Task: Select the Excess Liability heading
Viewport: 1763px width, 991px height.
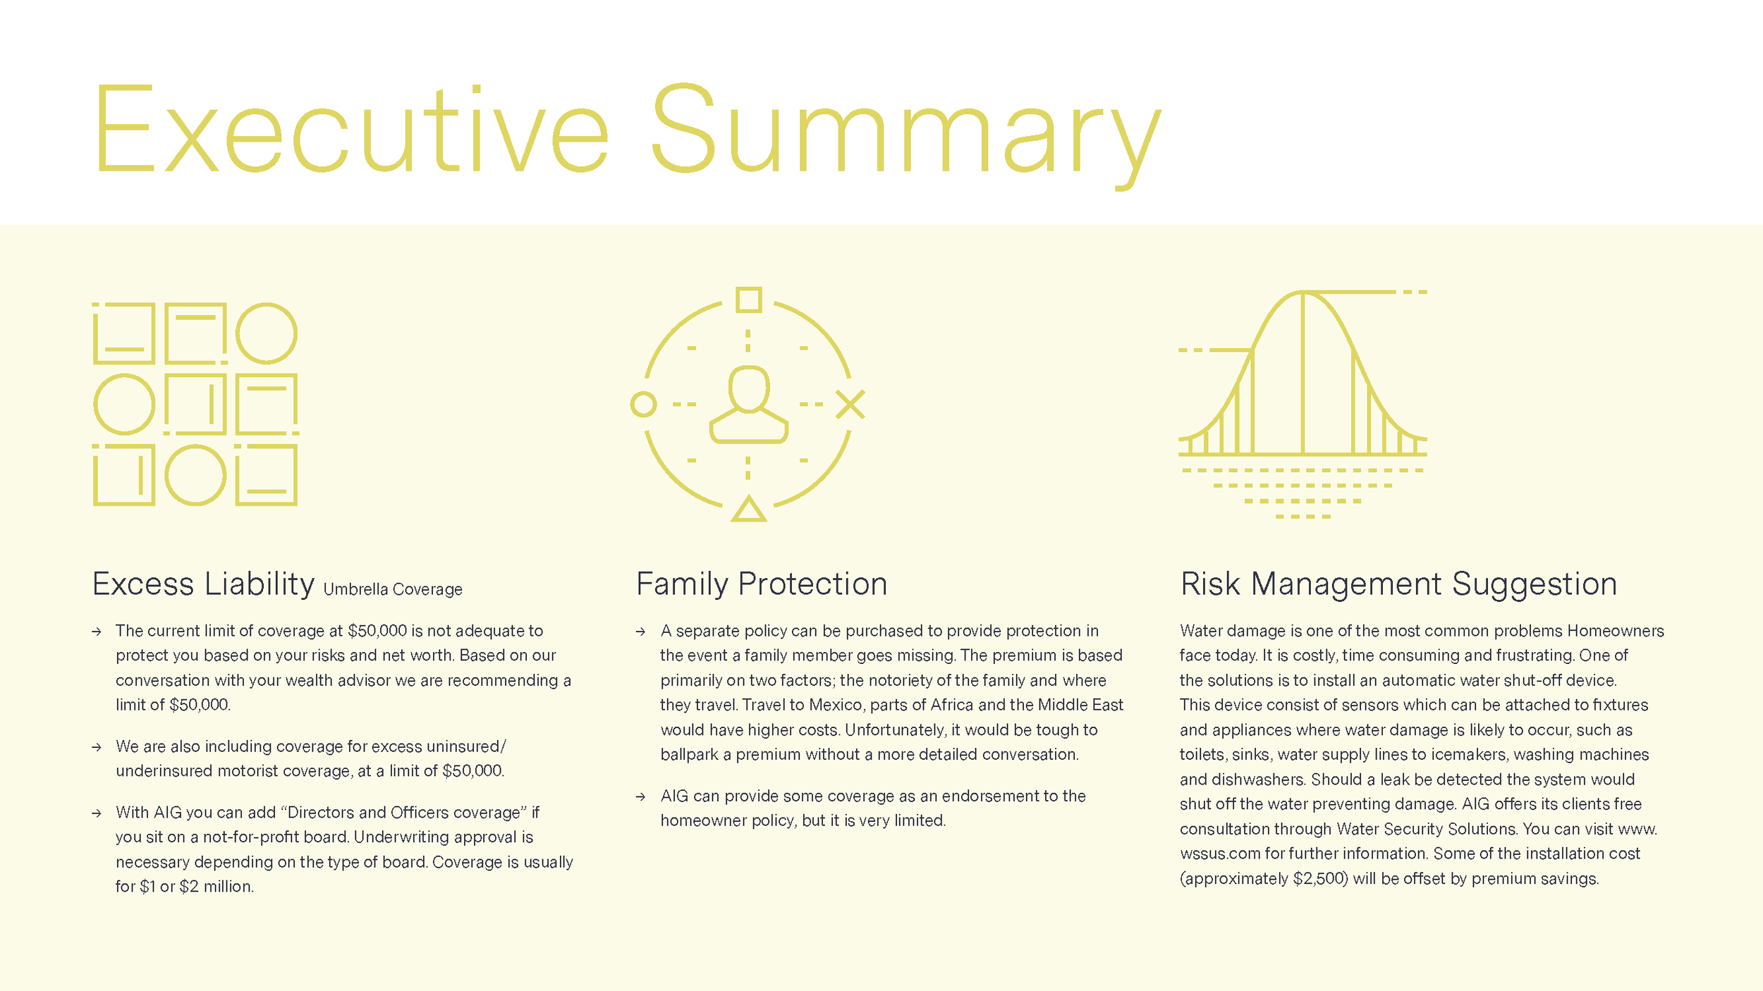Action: pyautogui.click(x=203, y=584)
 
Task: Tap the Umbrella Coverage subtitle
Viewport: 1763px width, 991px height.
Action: pyautogui.click(x=393, y=589)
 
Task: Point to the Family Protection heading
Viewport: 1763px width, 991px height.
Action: pyautogui.click(x=762, y=584)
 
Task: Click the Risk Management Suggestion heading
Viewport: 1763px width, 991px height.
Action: pyautogui.click(x=1398, y=584)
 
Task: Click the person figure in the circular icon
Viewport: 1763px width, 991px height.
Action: pyautogui.click(x=748, y=405)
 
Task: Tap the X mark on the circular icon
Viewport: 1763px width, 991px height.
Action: pyautogui.click(x=850, y=405)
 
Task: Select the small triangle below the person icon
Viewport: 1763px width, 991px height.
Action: pyautogui.click(x=748, y=510)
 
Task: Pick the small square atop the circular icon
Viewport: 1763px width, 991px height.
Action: pyautogui.click(x=748, y=300)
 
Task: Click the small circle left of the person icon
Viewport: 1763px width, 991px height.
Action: pyautogui.click(x=643, y=405)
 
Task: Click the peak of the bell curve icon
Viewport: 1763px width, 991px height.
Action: pyautogui.click(x=1303, y=293)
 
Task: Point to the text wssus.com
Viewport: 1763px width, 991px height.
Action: pyautogui.click(x=1220, y=854)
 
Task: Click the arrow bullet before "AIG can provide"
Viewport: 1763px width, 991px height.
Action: pyautogui.click(x=640, y=797)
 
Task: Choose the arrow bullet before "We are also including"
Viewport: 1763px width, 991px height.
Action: pyautogui.click(x=97, y=747)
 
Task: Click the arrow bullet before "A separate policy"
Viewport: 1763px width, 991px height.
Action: pyautogui.click(x=640, y=632)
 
